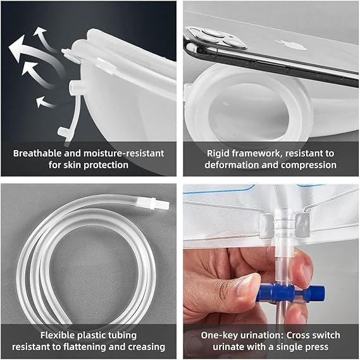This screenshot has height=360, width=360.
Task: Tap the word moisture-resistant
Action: [124, 153]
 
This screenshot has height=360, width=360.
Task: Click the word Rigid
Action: [218, 153]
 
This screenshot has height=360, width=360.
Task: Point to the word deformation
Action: [232, 165]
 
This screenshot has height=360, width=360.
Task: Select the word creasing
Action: [147, 347]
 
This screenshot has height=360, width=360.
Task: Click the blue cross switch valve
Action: [291, 292]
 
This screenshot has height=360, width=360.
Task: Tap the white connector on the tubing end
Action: [153, 204]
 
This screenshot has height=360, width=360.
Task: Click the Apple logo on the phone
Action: [292, 45]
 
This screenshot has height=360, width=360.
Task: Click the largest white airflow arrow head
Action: [18, 47]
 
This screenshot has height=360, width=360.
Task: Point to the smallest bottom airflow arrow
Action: [46, 102]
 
